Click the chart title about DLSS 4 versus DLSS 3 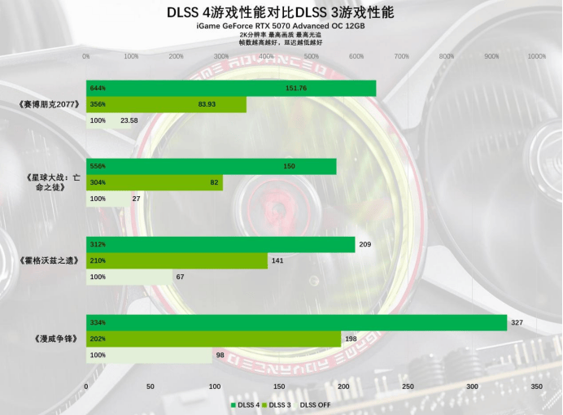point(280,12)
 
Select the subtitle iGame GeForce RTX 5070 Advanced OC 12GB point(280,27)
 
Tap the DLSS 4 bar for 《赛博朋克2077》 point(231,88)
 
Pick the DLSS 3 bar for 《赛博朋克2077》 point(166,104)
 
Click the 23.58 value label point(129,120)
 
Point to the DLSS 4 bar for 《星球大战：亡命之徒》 point(211,166)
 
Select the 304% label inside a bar point(98,182)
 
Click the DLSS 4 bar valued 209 point(220,244)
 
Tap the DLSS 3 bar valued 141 point(177,260)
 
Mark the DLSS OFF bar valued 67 point(129,277)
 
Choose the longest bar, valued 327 point(296,323)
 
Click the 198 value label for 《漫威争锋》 point(351,339)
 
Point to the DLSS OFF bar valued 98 point(149,355)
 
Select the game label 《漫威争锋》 point(56,339)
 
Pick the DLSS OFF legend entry point(316,404)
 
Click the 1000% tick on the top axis point(537,57)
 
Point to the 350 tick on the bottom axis point(537,387)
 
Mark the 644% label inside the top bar point(98,88)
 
